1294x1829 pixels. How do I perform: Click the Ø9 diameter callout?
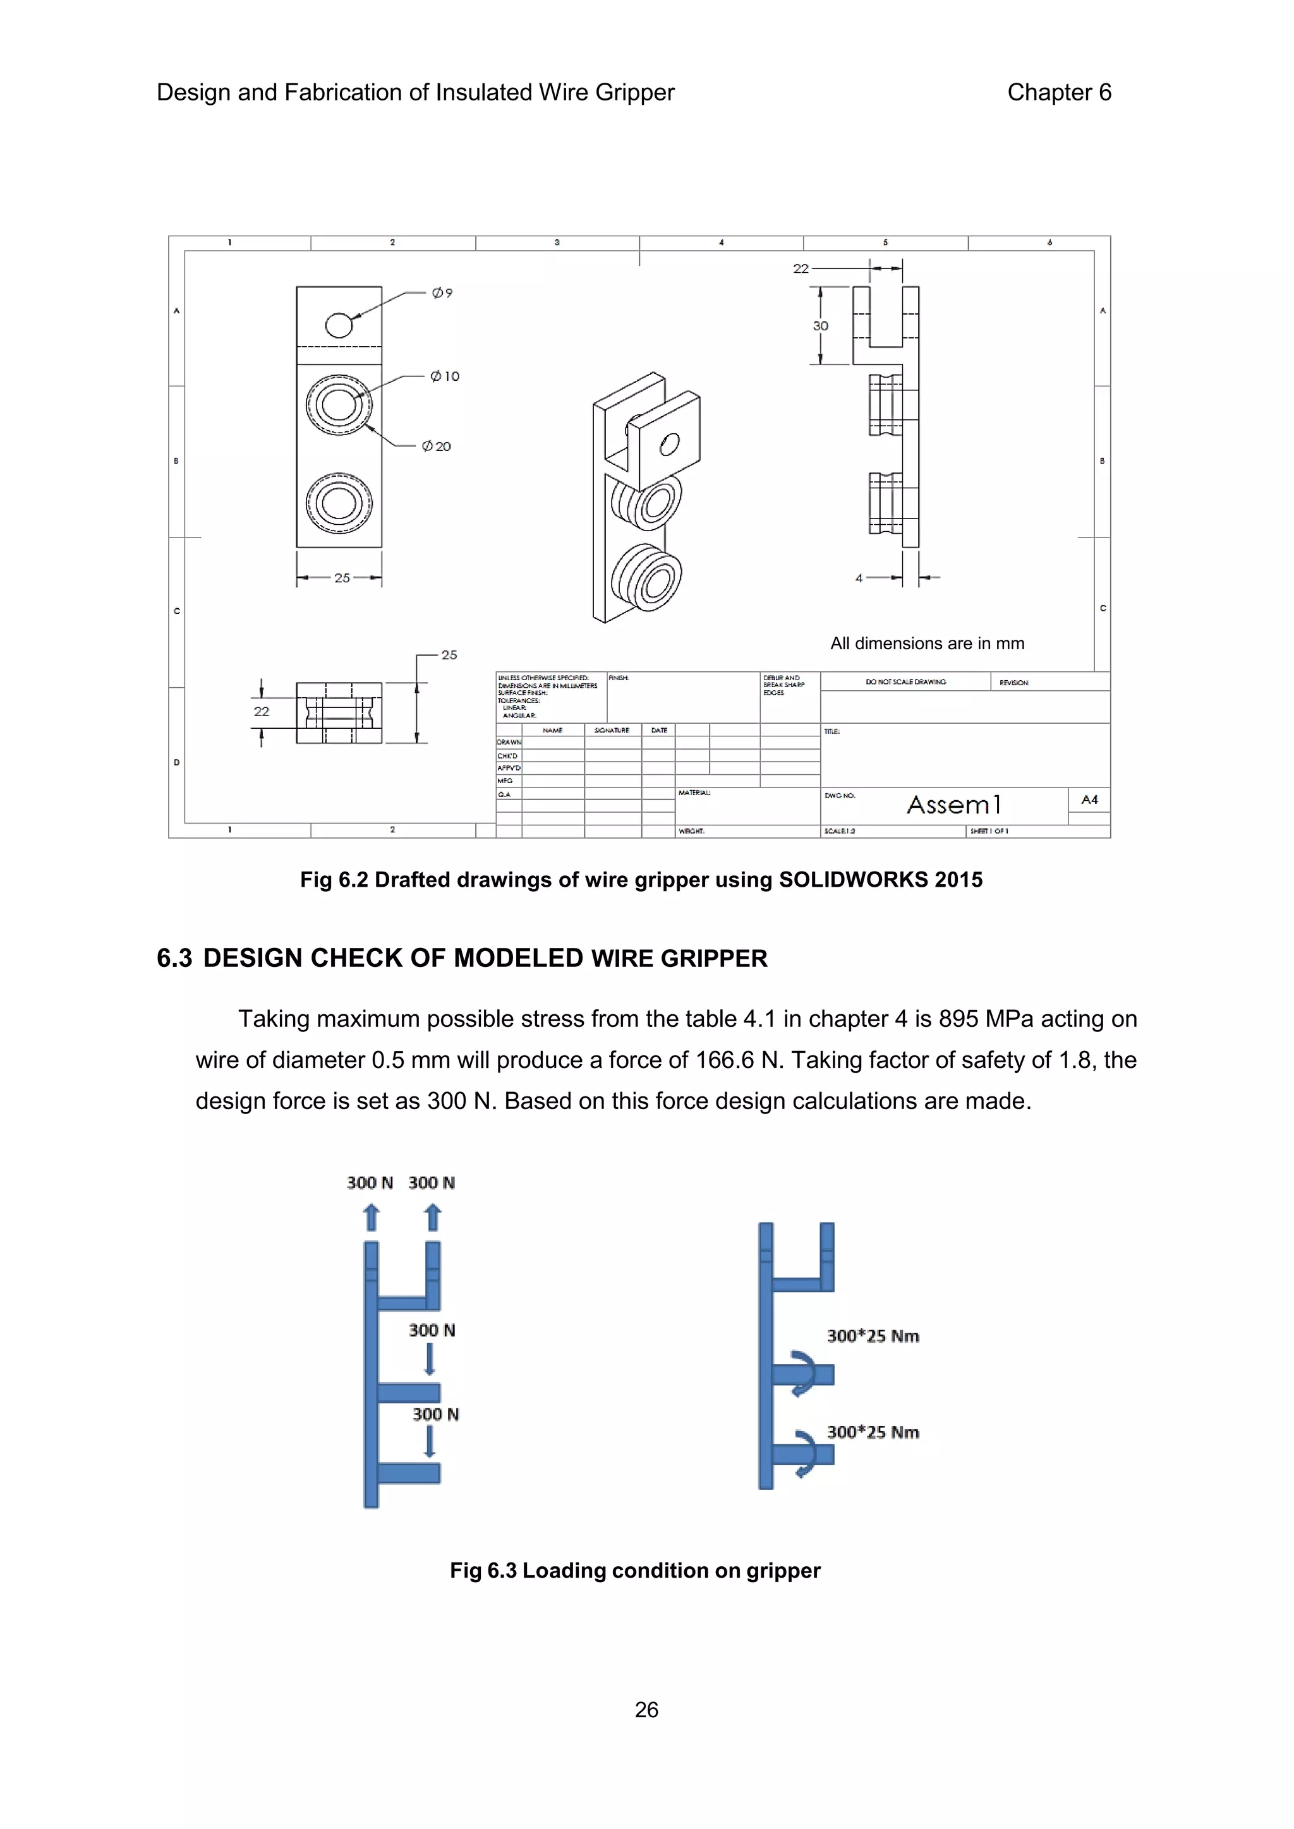click(x=442, y=293)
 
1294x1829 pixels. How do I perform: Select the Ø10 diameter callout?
click(x=445, y=376)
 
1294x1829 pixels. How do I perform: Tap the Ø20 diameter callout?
click(x=437, y=446)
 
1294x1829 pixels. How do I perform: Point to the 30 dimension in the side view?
click(x=821, y=326)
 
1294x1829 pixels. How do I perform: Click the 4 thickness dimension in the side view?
click(x=859, y=579)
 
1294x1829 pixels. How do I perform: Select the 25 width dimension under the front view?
click(x=342, y=579)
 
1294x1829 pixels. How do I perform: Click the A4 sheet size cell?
click(x=1089, y=800)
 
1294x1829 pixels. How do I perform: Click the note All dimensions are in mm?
click(x=927, y=644)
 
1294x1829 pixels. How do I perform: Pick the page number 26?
click(x=646, y=1710)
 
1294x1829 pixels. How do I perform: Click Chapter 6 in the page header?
click(x=1058, y=92)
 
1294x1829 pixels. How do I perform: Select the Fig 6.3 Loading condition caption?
click(x=635, y=1570)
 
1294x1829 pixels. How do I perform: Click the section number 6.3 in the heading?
click(x=174, y=958)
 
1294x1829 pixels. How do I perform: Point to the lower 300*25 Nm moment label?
click(x=873, y=1432)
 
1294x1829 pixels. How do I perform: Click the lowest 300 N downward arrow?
click(x=430, y=1442)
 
